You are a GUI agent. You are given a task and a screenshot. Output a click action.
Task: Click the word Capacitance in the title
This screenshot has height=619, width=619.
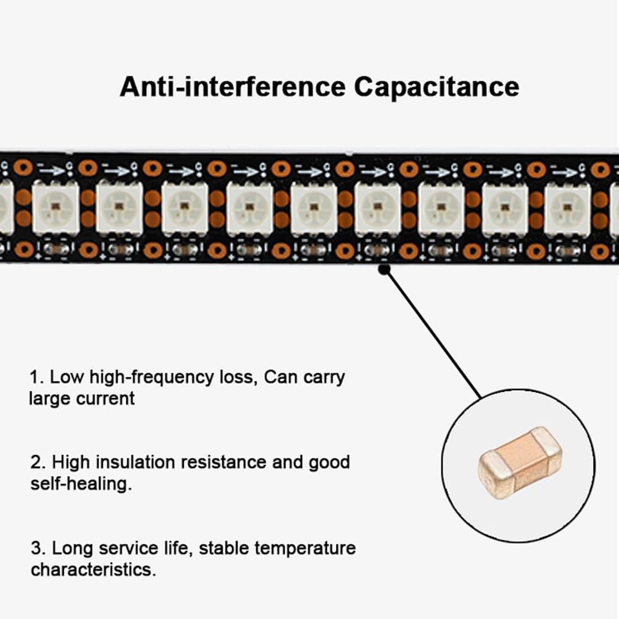pyautogui.click(x=436, y=87)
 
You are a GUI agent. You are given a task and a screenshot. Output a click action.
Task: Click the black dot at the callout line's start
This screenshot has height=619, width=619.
pyautogui.click(x=384, y=269)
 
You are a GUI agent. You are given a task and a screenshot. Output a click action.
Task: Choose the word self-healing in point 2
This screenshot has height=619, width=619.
pyautogui.click(x=80, y=483)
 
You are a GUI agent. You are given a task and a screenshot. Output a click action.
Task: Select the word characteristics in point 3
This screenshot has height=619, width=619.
pyautogui.click(x=93, y=569)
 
